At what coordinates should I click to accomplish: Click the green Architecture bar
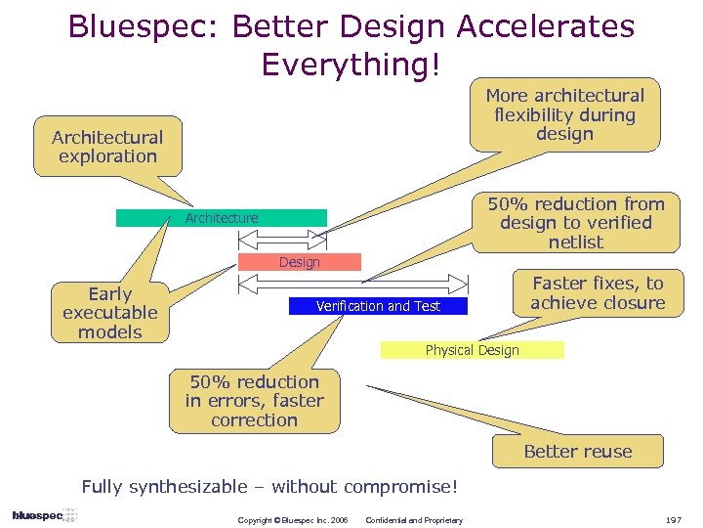coord(222,218)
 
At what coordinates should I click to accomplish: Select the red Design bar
coord(300,262)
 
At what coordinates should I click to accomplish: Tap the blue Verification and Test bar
coord(378,306)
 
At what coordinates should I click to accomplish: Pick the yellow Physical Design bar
coord(472,350)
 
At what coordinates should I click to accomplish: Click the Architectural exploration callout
coord(107,147)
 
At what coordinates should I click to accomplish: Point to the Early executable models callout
coord(109,313)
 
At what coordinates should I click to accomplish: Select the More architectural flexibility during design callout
coord(565,115)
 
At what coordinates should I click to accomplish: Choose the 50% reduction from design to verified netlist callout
coord(576,223)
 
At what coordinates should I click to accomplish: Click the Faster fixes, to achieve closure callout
coord(598,293)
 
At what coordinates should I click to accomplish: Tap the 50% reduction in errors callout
coord(255,401)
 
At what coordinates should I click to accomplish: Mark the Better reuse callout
coord(577,452)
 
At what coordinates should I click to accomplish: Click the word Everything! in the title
coord(351,65)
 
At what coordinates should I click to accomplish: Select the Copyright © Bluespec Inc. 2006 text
coord(293,520)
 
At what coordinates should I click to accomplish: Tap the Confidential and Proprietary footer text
coord(414,520)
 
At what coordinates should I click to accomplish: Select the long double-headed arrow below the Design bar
coord(361,285)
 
